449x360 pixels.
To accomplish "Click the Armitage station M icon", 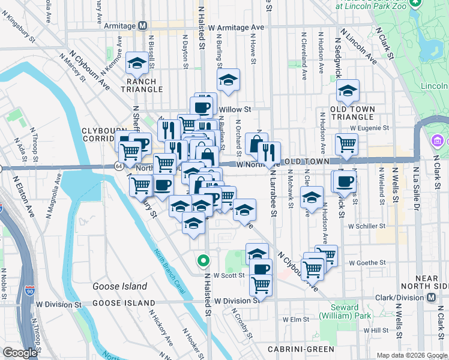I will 143,26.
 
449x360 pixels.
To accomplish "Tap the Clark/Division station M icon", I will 432,298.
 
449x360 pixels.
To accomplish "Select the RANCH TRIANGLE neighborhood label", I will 142,85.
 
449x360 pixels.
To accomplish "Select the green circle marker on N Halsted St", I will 203,260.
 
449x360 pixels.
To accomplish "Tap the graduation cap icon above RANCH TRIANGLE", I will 137,63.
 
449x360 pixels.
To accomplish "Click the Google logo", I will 20,353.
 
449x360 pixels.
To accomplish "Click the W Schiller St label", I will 366,226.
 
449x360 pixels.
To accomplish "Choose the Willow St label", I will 235,110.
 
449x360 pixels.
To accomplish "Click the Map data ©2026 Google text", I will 411,355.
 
